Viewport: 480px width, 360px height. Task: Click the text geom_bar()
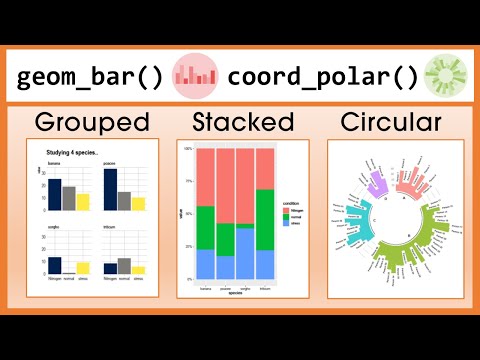click(91, 77)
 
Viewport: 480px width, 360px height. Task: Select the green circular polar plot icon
click(442, 77)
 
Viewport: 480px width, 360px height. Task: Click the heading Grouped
click(91, 122)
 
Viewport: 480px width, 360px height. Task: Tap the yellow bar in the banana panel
click(83, 202)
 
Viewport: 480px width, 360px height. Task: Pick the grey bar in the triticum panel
click(124, 265)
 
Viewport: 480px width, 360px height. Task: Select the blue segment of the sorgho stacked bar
click(243, 252)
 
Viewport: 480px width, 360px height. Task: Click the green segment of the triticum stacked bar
click(265, 219)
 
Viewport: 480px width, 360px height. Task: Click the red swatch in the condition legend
click(286, 211)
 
